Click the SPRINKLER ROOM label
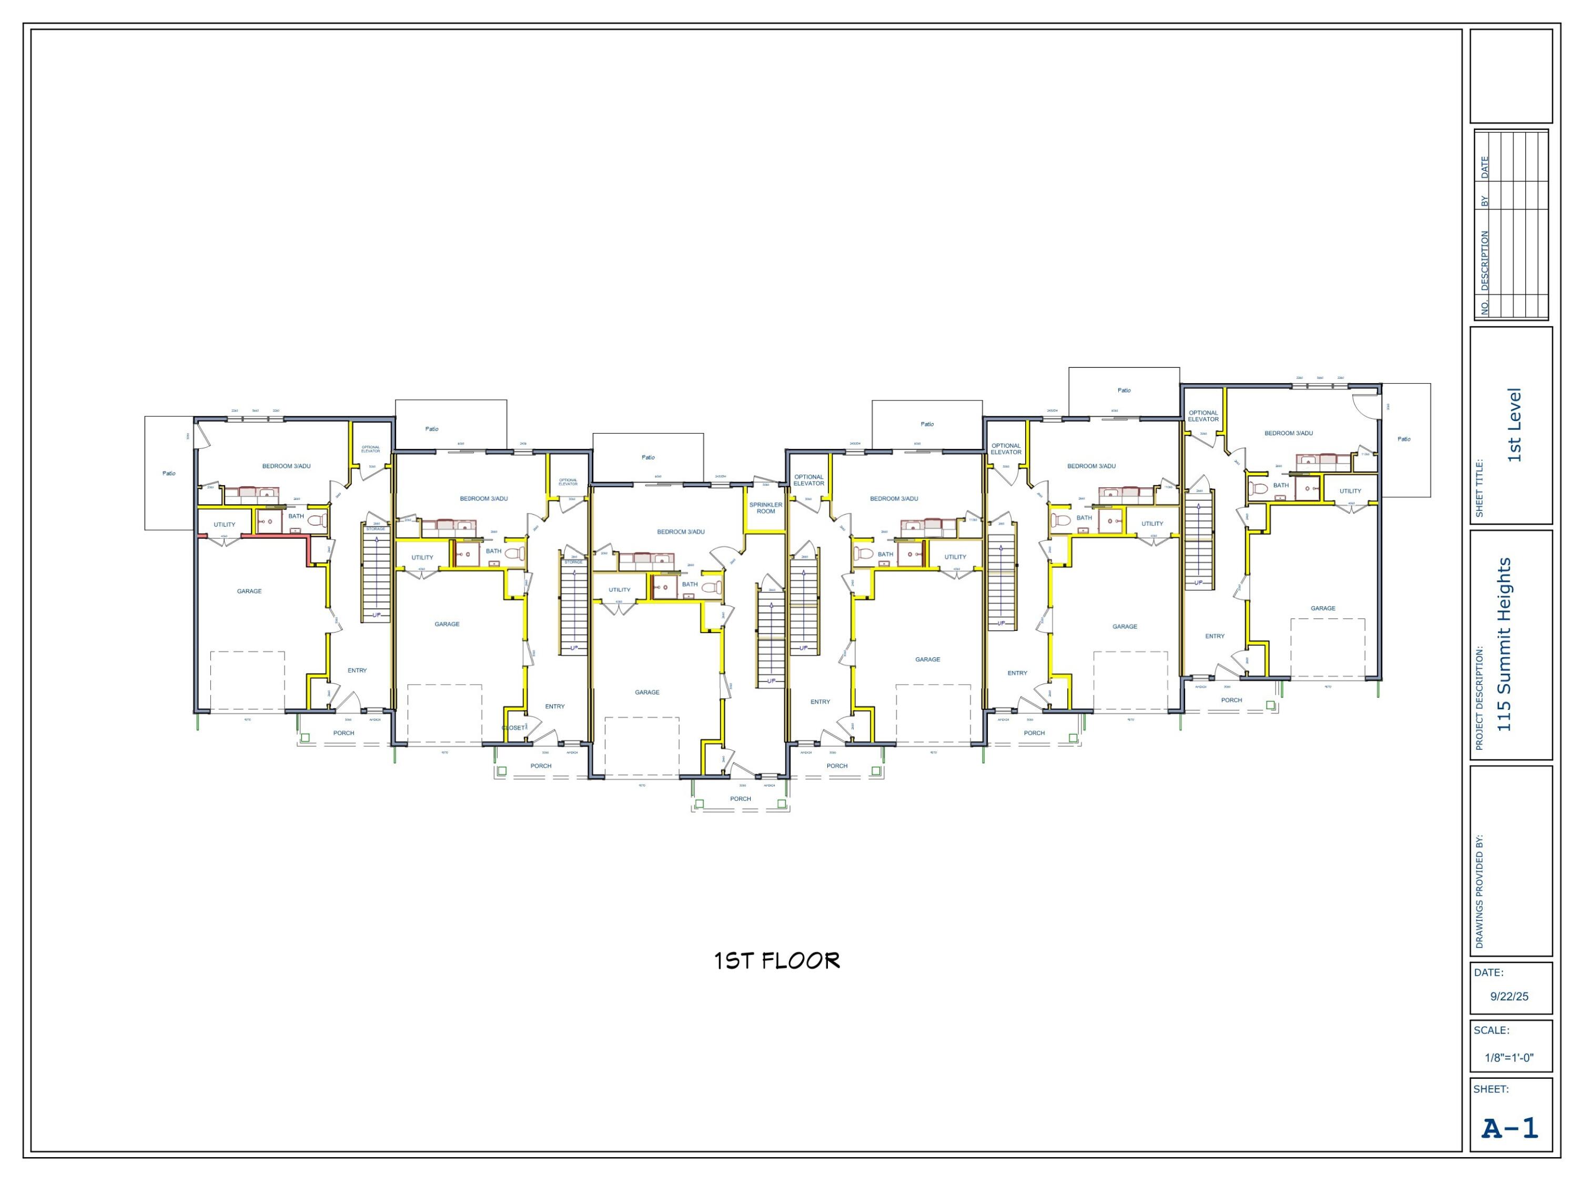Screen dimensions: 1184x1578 765,507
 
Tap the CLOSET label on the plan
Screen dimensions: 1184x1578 513,728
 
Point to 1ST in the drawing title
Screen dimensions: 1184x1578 733,960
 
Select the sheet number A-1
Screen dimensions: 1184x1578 1510,1128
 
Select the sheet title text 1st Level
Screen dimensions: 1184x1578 1514,425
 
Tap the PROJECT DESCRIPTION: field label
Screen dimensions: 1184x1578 1479,698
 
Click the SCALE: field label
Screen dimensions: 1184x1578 1491,1030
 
